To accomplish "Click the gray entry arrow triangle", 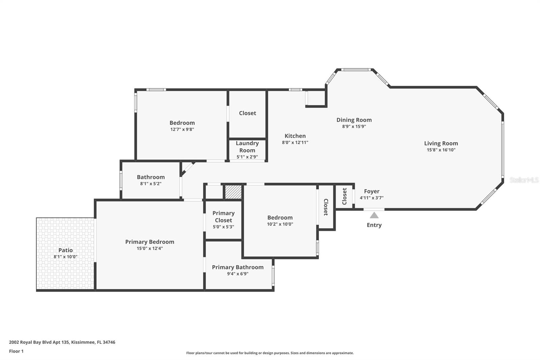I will point(374,215).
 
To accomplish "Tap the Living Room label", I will point(441,143).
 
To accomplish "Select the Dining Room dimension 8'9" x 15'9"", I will point(354,127).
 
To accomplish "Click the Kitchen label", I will point(295,136).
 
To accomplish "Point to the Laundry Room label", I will point(247,147).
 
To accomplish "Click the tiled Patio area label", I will point(65,250).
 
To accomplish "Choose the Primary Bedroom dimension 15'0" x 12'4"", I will point(150,249).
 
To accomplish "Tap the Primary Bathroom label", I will point(238,267).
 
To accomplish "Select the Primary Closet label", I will point(223,216).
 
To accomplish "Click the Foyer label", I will point(372,191).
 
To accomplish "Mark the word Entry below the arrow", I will point(374,225).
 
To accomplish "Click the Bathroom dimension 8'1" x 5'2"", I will point(151,184).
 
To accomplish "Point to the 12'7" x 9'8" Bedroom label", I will point(182,123).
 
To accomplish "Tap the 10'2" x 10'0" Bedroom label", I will point(280,217).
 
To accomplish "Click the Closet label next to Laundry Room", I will point(247,113).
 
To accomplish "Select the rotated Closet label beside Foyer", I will point(344,196).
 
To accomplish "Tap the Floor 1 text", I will point(16,351).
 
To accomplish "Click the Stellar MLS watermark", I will point(524,180).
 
